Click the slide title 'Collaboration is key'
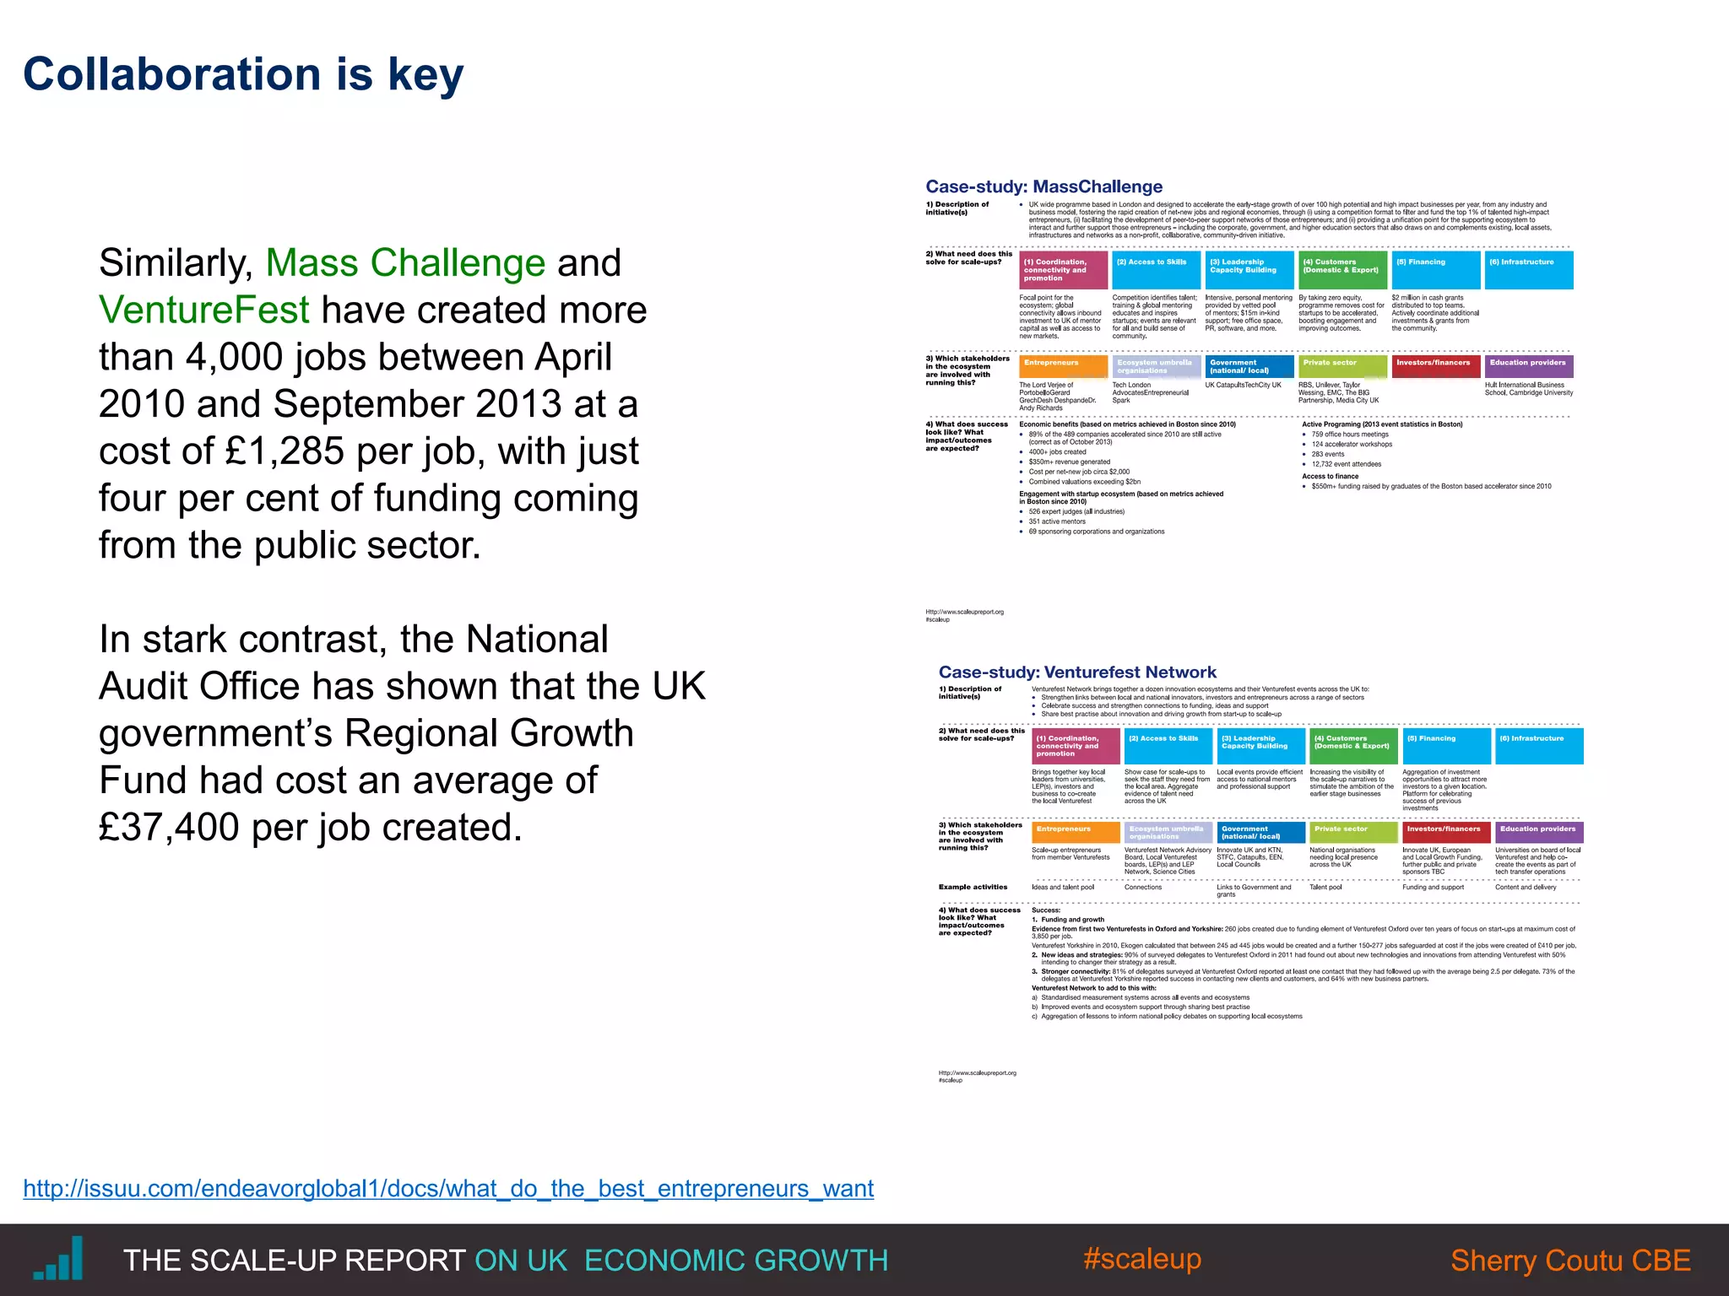point(243,74)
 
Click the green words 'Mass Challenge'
point(405,262)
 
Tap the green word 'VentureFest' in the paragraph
point(204,310)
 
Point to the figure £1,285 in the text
point(285,451)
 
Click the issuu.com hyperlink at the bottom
point(448,1188)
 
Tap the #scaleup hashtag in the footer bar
point(1141,1259)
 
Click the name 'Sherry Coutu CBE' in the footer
point(1570,1261)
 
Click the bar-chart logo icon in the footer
point(59,1259)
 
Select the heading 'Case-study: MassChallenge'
point(1043,186)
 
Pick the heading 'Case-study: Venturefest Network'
point(1077,672)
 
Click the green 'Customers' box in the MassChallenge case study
point(1342,270)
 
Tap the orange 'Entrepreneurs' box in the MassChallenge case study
point(1063,366)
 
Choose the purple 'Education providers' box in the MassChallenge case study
point(1528,366)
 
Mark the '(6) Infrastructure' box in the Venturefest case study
point(1538,746)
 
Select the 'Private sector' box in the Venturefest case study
point(1352,832)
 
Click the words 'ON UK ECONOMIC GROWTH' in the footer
point(680,1261)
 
